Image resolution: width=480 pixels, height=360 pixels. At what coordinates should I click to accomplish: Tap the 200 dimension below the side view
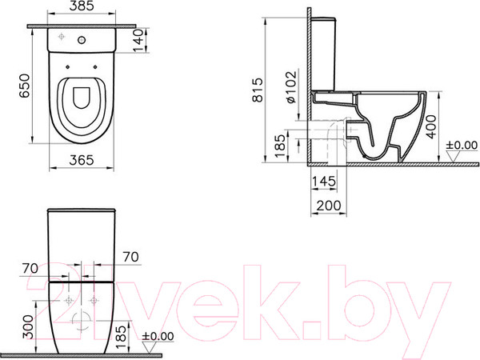pyautogui.click(x=326, y=206)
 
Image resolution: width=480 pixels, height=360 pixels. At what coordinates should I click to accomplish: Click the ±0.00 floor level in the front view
pyautogui.click(x=158, y=337)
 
